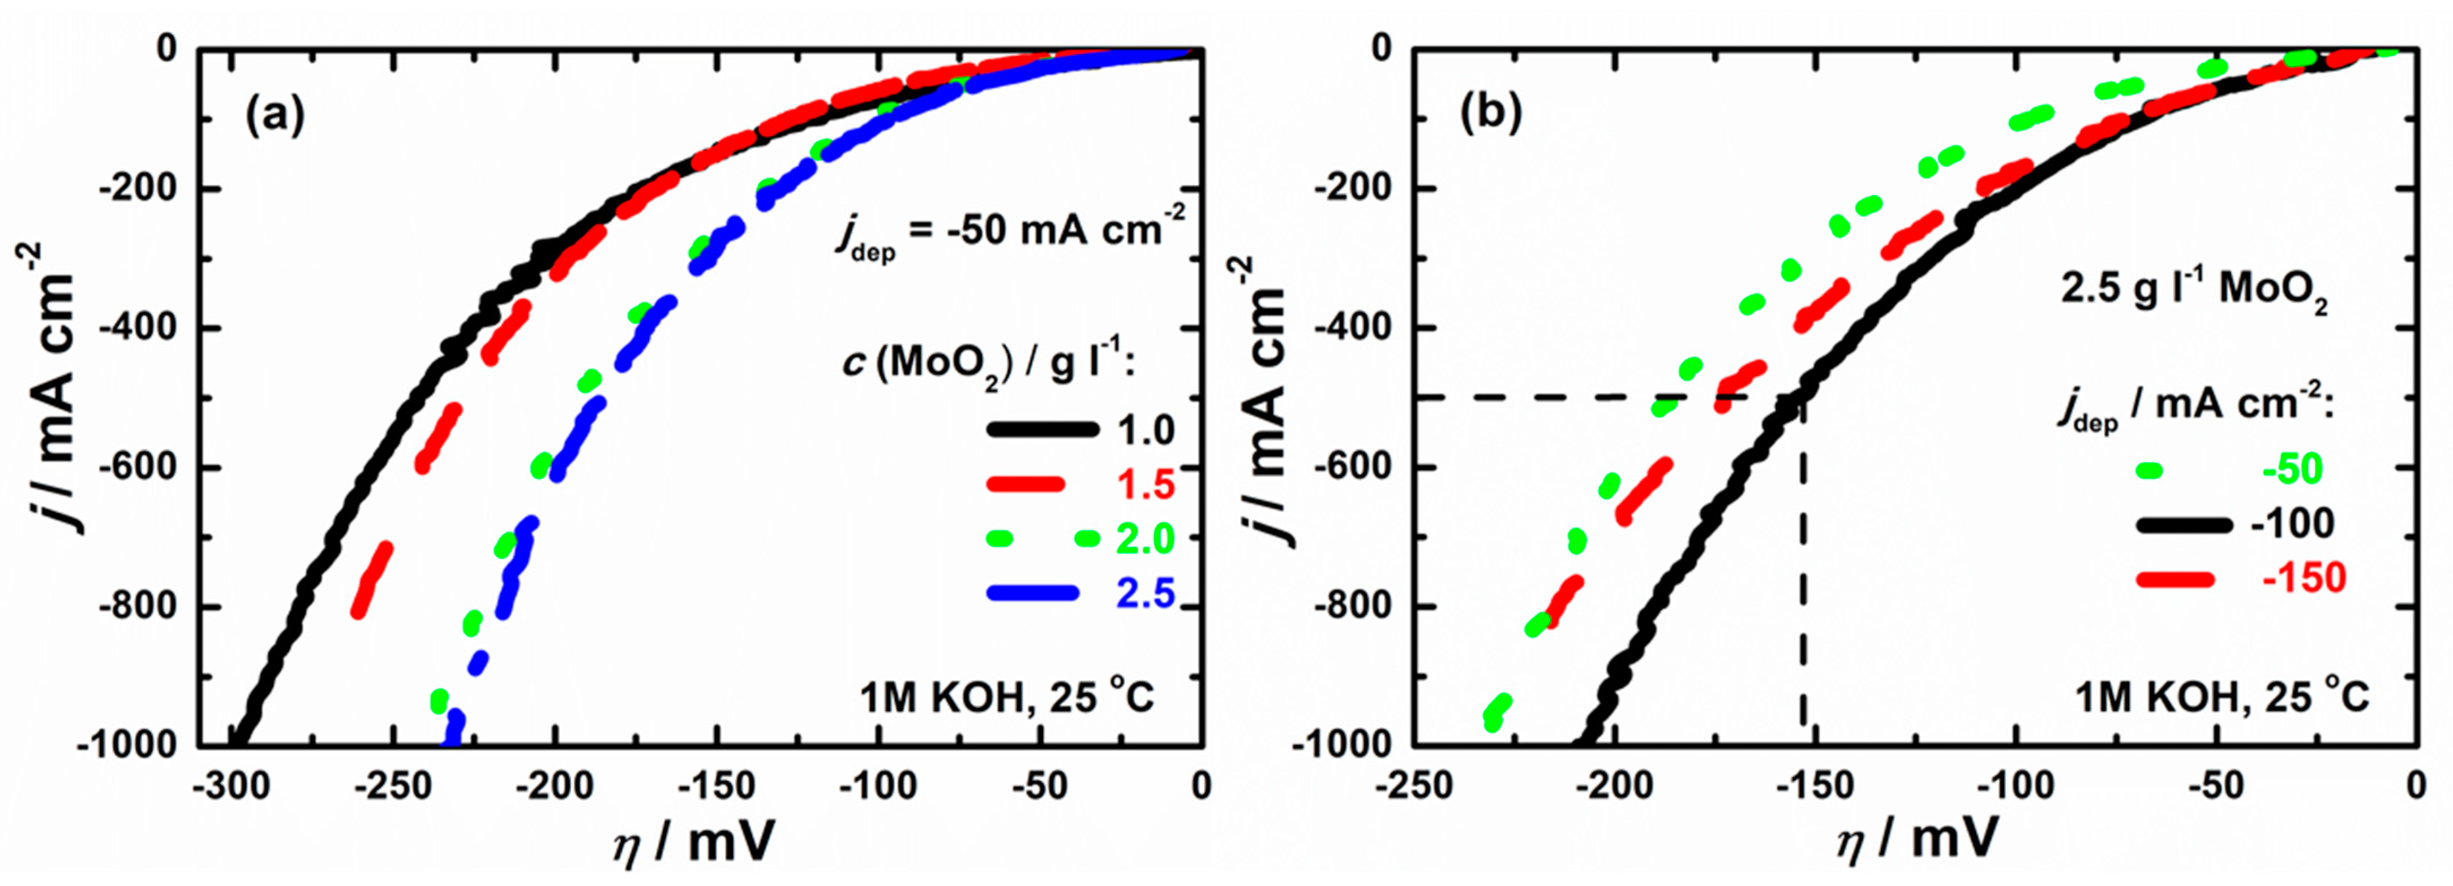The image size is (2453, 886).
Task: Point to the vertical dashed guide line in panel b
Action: [1803, 590]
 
